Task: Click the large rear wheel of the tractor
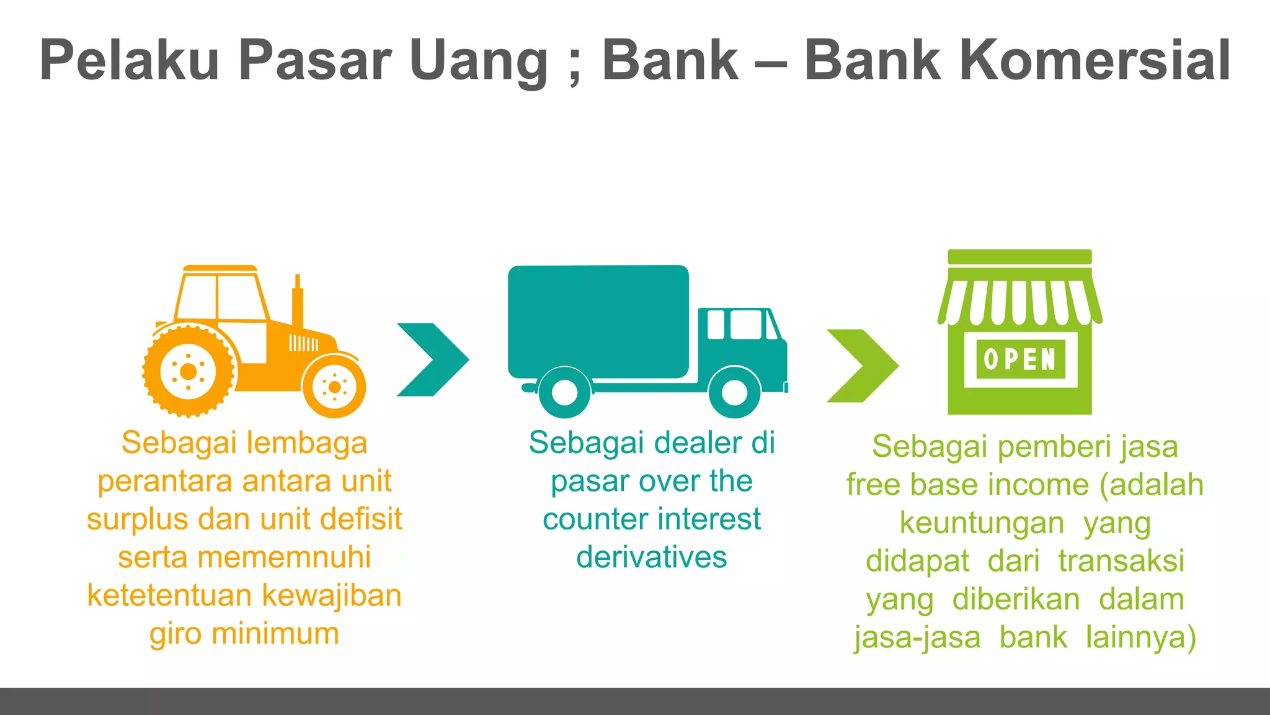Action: pos(188,371)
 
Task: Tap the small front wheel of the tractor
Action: pos(334,387)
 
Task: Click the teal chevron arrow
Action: pos(432,359)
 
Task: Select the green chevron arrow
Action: pos(862,366)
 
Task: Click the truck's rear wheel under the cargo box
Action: pos(564,392)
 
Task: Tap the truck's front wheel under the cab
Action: pos(734,392)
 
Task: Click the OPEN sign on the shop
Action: pos(1020,359)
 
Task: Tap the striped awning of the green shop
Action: pos(1020,302)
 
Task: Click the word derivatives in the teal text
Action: pos(651,557)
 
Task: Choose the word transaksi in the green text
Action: pos(1121,561)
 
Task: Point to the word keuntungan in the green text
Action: pos(982,523)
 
